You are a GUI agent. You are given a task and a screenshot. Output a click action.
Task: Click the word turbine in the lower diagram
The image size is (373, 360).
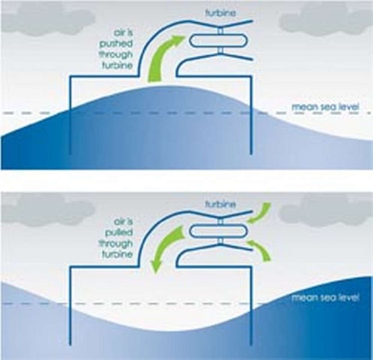[220, 205]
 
